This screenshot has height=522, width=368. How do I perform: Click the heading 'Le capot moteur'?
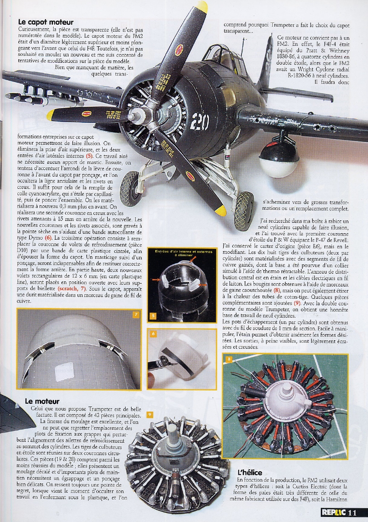coord(46,22)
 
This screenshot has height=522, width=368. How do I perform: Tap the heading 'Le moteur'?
coord(42,401)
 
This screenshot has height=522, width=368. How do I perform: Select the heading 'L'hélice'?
coord(250,473)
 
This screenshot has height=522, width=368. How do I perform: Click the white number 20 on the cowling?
coord(200,121)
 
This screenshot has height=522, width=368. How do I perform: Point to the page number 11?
coord(352,513)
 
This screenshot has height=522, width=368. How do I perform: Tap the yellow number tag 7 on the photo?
coord(136,314)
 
